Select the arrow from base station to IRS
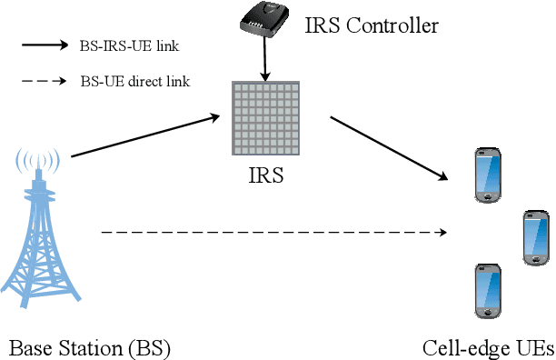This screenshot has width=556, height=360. pyautogui.click(x=145, y=135)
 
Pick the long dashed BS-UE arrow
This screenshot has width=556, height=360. pyautogui.click(x=273, y=234)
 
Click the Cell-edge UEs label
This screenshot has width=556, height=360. pyautogui.click(x=487, y=347)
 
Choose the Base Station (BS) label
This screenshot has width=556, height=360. pyautogui.click(x=90, y=347)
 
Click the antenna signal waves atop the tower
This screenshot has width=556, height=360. pyautogui.click(x=38, y=164)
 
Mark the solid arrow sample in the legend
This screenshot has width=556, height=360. pyautogui.click(x=45, y=45)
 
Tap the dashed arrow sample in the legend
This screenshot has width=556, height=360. pyautogui.click(x=45, y=81)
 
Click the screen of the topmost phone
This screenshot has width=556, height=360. pyautogui.click(x=489, y=174)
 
